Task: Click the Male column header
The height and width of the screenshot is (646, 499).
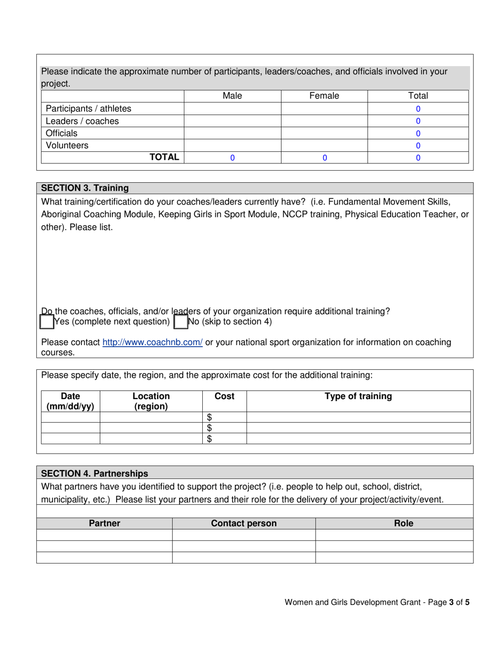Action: (x=232, y=96)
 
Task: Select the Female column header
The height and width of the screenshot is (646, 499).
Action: (x=324, y=96)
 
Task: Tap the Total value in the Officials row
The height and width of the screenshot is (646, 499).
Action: (x=418, y=133)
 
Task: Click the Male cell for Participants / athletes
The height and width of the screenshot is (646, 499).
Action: (x=232, y=109)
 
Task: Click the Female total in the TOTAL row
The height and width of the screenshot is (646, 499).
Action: (x=324, y=158)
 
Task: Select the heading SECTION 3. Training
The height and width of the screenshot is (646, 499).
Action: (x=85, y=188)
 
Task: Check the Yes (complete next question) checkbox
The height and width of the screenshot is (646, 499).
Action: (x=47, y=322)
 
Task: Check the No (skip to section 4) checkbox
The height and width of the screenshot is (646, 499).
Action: (x=180, y=322)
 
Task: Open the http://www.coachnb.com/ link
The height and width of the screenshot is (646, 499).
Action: (x=152, y=342)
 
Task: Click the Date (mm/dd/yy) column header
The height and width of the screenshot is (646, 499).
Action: (x=70, y=401)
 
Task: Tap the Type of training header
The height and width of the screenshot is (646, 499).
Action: (x=358, y=397)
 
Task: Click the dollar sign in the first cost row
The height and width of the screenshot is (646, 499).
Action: (x=209, y=418)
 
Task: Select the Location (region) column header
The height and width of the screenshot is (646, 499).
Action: (x=151, y=401)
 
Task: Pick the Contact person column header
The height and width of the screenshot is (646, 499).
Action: (x=243, y=524)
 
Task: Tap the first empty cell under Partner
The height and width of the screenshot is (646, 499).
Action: (x=104, y=535)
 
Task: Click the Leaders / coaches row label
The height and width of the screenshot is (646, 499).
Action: (x=82, y=121)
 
